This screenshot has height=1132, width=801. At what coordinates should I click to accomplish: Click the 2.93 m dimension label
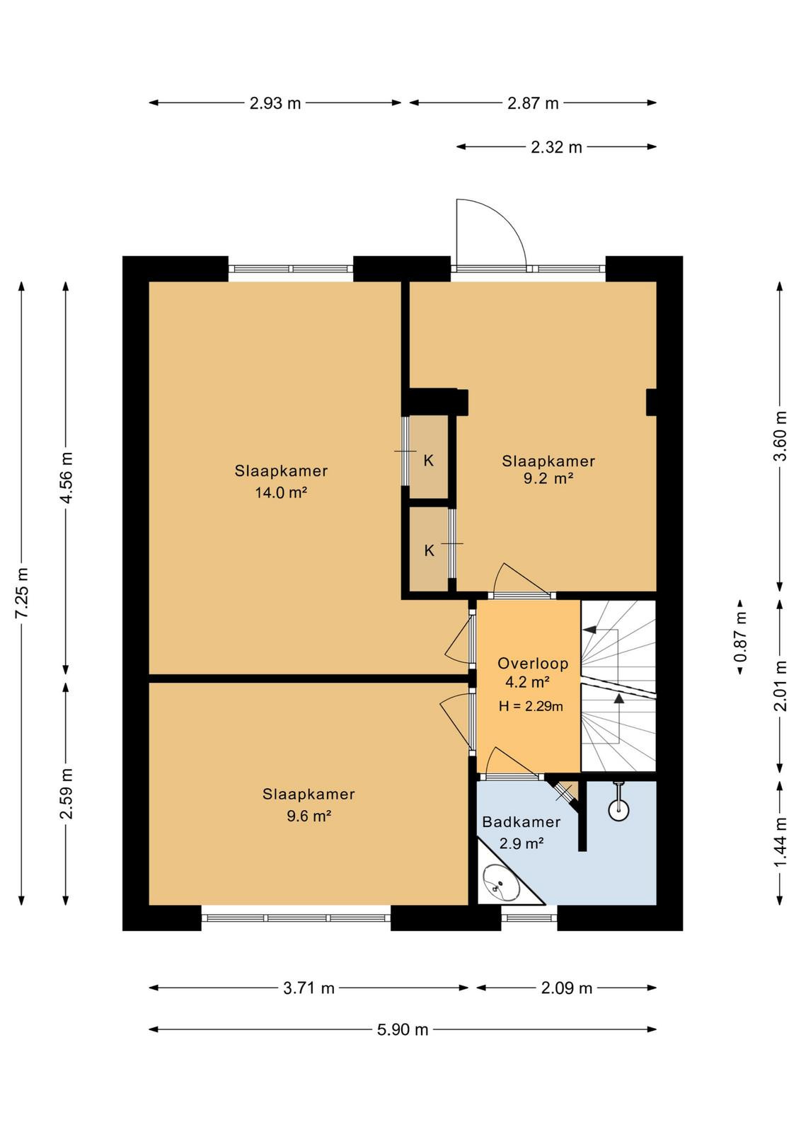[x=275, y=103]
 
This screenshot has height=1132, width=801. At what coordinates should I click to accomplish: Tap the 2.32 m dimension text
[x=556, y=147]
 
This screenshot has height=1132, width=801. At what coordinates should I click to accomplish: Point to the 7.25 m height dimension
[x=22, y=592]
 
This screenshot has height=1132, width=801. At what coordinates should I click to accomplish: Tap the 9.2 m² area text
[x=548, y=478]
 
